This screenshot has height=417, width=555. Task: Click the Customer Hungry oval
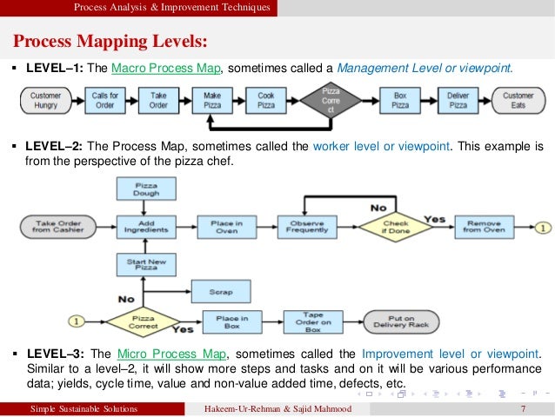pyautogui.click(x=45, y=101)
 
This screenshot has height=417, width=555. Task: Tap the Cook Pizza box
pyautogui.click(x=266, y=101)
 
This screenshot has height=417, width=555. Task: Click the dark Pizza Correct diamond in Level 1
pyautogui.click(x=331, y=101)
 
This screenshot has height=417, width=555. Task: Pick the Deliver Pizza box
pyautogui.click(x=458, y=101)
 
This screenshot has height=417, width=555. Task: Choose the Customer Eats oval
pyautogui.click(x=518, y=101)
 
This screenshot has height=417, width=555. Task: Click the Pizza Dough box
pyautogui.click(x=145, y=189)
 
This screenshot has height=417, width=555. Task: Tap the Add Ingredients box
pyautogui.click(x=145, y=228)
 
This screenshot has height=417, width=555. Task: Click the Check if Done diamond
pyautogui.click(x=396, y=228)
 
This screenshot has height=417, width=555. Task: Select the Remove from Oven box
pyautogui.click(x=484, y=228)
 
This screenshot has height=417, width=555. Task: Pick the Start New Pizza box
pyautogui.click(x=145, y=265)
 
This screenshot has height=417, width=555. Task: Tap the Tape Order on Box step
pyautogui.click(x=313, y=321)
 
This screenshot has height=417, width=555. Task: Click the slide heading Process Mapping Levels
pyautogui.click(x=110, y=43)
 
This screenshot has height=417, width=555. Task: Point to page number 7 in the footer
pyautogui.click(x=523, y=409)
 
